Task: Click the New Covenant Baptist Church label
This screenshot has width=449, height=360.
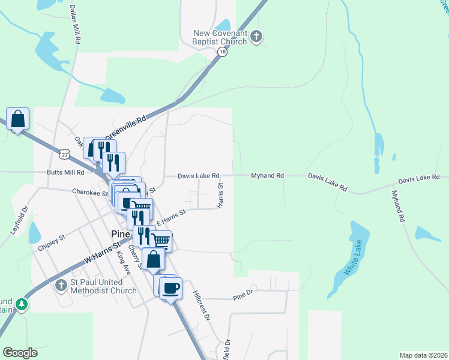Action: [220, 37]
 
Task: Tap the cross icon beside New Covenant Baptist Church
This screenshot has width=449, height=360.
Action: [256, 37]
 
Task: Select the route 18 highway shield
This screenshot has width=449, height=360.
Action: [222, 53]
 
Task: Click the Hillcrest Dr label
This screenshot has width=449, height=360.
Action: [200, 305]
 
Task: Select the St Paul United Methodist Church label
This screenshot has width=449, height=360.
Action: [103, 286]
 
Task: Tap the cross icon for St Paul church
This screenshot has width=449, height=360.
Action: [60, 286]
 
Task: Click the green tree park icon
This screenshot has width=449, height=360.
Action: [22, 305]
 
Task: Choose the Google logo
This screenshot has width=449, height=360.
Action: [20, 353]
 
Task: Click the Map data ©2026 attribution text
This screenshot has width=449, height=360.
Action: [423, 355]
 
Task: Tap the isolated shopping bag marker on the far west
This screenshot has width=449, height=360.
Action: [18, 119]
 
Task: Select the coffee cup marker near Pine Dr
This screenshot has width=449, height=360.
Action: [171, 287]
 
